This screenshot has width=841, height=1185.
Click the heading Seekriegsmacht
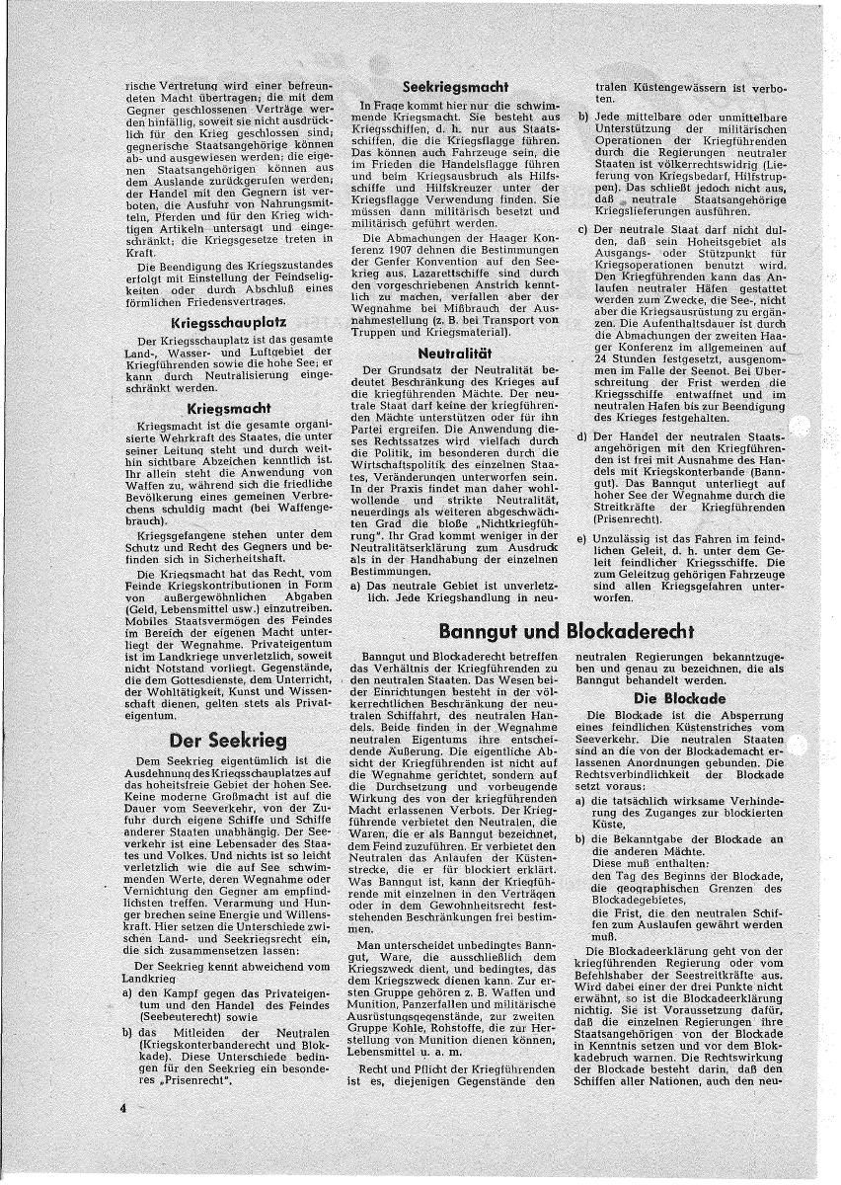tap(457, 87)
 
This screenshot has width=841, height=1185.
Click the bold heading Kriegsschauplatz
tap(227, 322)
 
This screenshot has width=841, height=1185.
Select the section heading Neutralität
tap(457, 351)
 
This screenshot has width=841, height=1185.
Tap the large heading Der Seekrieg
tap(228, 740)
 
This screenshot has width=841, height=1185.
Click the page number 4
tap(124, 1109)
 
